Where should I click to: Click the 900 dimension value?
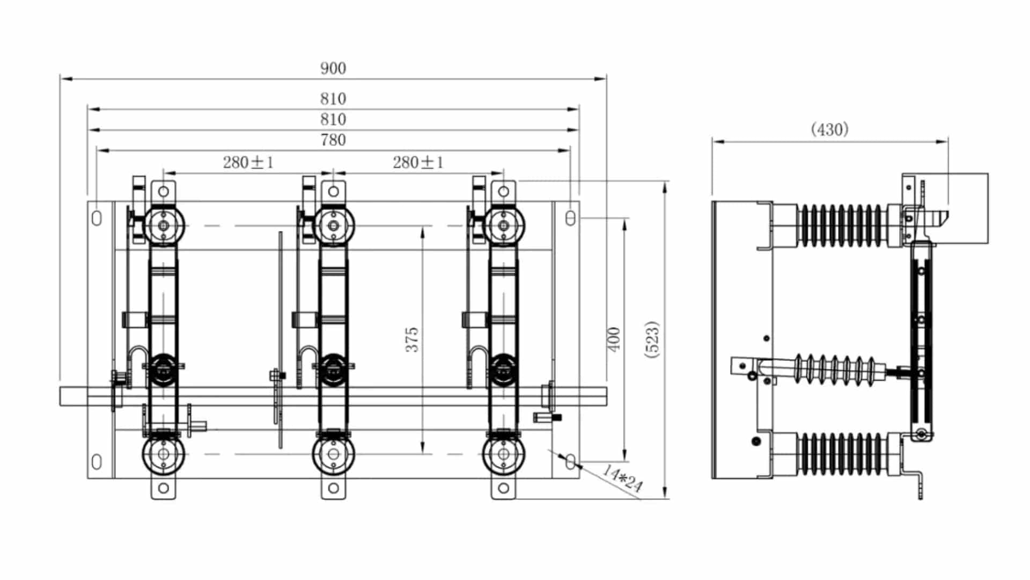[333, 69]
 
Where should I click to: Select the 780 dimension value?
[333, 140]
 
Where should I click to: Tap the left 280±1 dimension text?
[248, 162]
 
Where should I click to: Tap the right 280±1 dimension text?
[418, 162]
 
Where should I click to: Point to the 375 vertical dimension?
[411, 339]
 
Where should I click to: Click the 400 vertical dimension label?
[614, 339]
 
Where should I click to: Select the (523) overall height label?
[652, 339]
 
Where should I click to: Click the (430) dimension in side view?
[829, 129]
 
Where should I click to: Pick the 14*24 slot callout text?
[622, 478]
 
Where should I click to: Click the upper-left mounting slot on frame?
[97, 218]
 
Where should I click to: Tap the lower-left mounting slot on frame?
[97, 461]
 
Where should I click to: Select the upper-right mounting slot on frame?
[570, 218]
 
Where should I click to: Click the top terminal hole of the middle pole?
[333, 191]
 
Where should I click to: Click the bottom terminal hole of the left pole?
[163, 488]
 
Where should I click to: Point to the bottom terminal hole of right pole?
[503, 488]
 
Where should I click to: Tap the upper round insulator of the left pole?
[163, 226]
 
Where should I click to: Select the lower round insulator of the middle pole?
[333, 454]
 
